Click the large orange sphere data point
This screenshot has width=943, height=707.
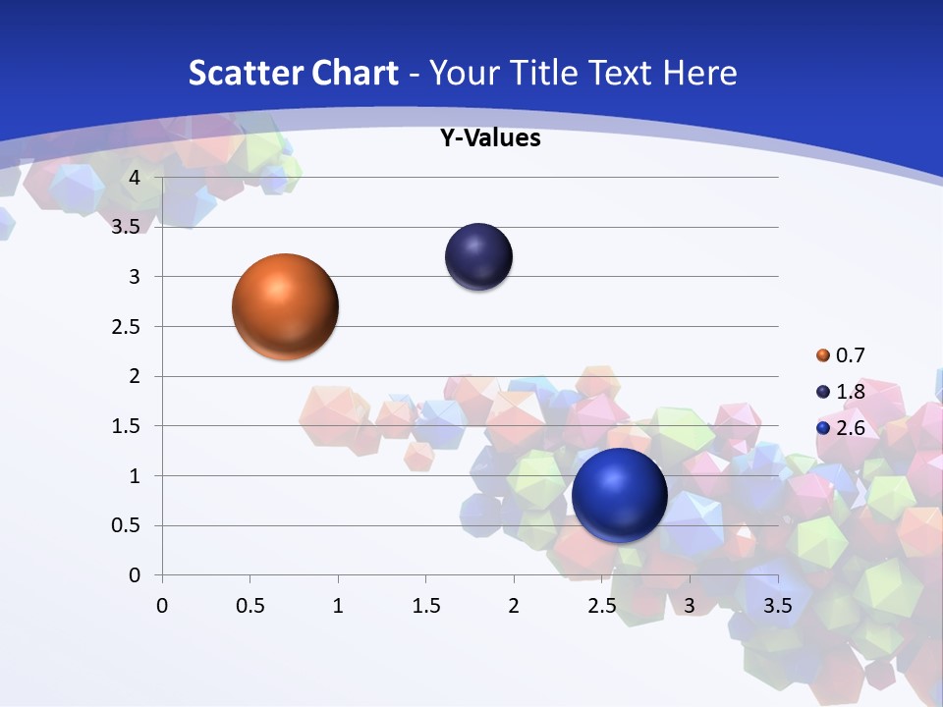285,306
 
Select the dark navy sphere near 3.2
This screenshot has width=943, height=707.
478,257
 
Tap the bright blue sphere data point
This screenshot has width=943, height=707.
619,495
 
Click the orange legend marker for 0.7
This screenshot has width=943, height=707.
823,355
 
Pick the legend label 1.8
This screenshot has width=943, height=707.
850,392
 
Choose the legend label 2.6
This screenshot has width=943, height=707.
850,428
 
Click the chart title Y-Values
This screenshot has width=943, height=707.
490,138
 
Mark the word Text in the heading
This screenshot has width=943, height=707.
621,73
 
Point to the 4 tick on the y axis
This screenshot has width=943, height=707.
136,178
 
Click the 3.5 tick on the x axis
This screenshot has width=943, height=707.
778,606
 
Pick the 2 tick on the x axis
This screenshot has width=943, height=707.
514,606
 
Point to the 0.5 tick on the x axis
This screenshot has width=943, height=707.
250,606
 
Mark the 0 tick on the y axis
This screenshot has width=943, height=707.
136,575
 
